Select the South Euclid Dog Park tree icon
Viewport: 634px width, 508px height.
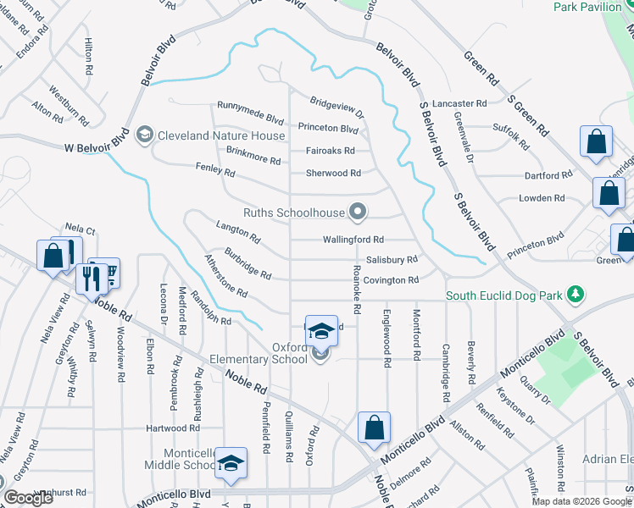tap(576, 294)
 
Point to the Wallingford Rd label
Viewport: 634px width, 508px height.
tap(353, 240)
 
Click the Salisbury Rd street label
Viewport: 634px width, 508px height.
tap(392, 260)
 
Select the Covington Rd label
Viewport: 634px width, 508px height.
tap(392, 279)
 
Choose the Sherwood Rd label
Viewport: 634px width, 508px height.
tap(333, 173)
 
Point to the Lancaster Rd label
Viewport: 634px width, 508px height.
tap(459, 103)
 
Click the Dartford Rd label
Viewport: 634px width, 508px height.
tap(548, 175)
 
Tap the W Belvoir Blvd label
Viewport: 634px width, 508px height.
tap(97, 146)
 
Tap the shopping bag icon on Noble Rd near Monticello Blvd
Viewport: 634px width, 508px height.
tap(374, 428)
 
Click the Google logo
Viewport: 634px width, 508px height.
tap(28, 499)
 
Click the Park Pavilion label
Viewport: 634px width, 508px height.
tap(588, 7)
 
